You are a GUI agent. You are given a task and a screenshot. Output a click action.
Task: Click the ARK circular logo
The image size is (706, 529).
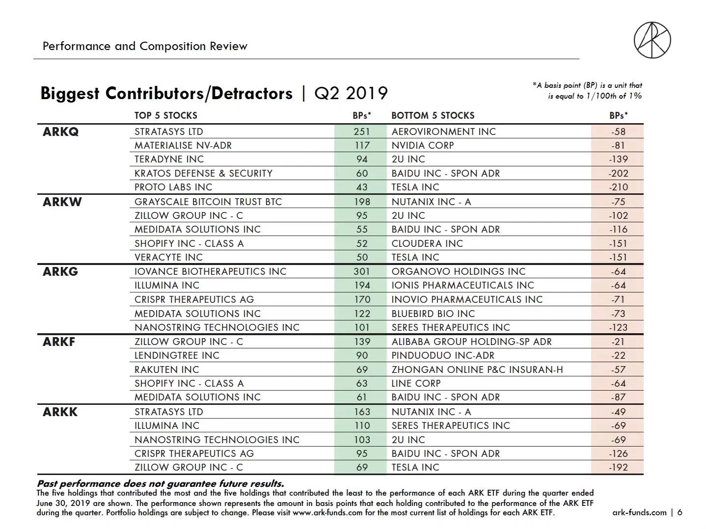(652, 40)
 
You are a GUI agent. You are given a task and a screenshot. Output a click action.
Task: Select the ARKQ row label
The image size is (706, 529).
(60, 132)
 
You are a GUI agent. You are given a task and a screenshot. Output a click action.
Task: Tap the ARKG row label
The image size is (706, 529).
(60, 271)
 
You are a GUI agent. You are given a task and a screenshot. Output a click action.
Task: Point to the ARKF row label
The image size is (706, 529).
(59, 342)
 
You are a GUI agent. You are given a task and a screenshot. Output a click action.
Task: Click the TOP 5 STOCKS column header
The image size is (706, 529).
(165, 115)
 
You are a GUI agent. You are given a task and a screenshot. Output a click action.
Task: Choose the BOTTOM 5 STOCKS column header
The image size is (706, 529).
(433, 115)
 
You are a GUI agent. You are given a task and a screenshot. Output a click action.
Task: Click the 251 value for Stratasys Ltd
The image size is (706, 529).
(362, 132)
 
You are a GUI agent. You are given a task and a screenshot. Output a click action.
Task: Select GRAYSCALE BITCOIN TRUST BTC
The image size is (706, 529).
(208, 202)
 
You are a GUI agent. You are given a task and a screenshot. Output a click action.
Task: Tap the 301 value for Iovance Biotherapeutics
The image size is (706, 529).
(362, 271)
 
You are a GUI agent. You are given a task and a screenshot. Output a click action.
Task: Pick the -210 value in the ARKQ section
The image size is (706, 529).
(618, 187)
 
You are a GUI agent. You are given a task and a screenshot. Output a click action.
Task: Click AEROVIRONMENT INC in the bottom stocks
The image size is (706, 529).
(443, 132)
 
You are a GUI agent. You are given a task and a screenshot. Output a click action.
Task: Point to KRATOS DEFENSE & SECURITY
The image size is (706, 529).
(203, 173)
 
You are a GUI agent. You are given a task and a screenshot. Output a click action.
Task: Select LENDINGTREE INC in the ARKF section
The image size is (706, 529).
(177, 355)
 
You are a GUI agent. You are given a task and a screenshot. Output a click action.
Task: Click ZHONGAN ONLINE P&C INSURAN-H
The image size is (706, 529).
(477, 370)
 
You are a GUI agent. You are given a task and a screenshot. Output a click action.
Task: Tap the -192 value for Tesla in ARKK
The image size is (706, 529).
(618, 467)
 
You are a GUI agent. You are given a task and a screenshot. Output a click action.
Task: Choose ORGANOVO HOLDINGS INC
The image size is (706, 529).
(459, 271)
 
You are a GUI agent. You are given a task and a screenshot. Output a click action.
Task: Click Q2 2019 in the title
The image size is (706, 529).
(351, 93)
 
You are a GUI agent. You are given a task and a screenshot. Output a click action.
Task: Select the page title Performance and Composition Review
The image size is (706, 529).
(145, 46)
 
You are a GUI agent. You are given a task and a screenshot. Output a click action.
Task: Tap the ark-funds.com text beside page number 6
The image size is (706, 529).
(639, 512)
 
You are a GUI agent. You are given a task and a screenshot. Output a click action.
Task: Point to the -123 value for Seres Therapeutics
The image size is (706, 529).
(618, 327)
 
